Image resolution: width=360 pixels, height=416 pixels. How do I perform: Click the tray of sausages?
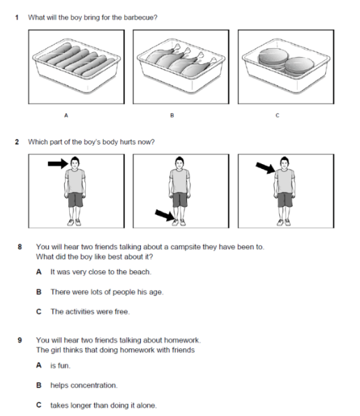point(76,66)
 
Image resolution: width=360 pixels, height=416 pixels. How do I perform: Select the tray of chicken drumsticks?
point(181,66)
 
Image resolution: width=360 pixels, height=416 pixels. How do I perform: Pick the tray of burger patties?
point(286,66)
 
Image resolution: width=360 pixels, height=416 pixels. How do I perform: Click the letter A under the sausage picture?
point(66,115)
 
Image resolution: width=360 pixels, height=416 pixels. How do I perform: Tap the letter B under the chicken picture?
point(172,115)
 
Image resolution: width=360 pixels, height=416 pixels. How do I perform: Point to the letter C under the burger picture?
point(277,115)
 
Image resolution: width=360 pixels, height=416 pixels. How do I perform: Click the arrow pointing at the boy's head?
point(58,163)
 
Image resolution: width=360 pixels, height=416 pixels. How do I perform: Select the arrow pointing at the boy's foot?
point(165,215)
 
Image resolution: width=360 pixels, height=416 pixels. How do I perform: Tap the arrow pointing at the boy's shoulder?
point(266,168)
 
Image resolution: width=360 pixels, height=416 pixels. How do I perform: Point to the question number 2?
point(17,142)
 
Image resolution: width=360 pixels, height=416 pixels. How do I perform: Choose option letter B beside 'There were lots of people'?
point(38,292)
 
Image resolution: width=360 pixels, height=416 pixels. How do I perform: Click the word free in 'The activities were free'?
point(122,311)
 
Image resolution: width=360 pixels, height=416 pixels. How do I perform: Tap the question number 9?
point(20,340)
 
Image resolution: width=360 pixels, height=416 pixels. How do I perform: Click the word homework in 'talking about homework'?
point(182,340)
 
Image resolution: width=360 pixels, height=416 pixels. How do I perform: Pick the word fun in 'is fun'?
point(64,366)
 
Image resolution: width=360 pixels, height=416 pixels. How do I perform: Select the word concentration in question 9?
point(95,385)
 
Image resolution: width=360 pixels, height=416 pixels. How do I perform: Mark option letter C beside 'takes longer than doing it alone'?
point(38,405)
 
